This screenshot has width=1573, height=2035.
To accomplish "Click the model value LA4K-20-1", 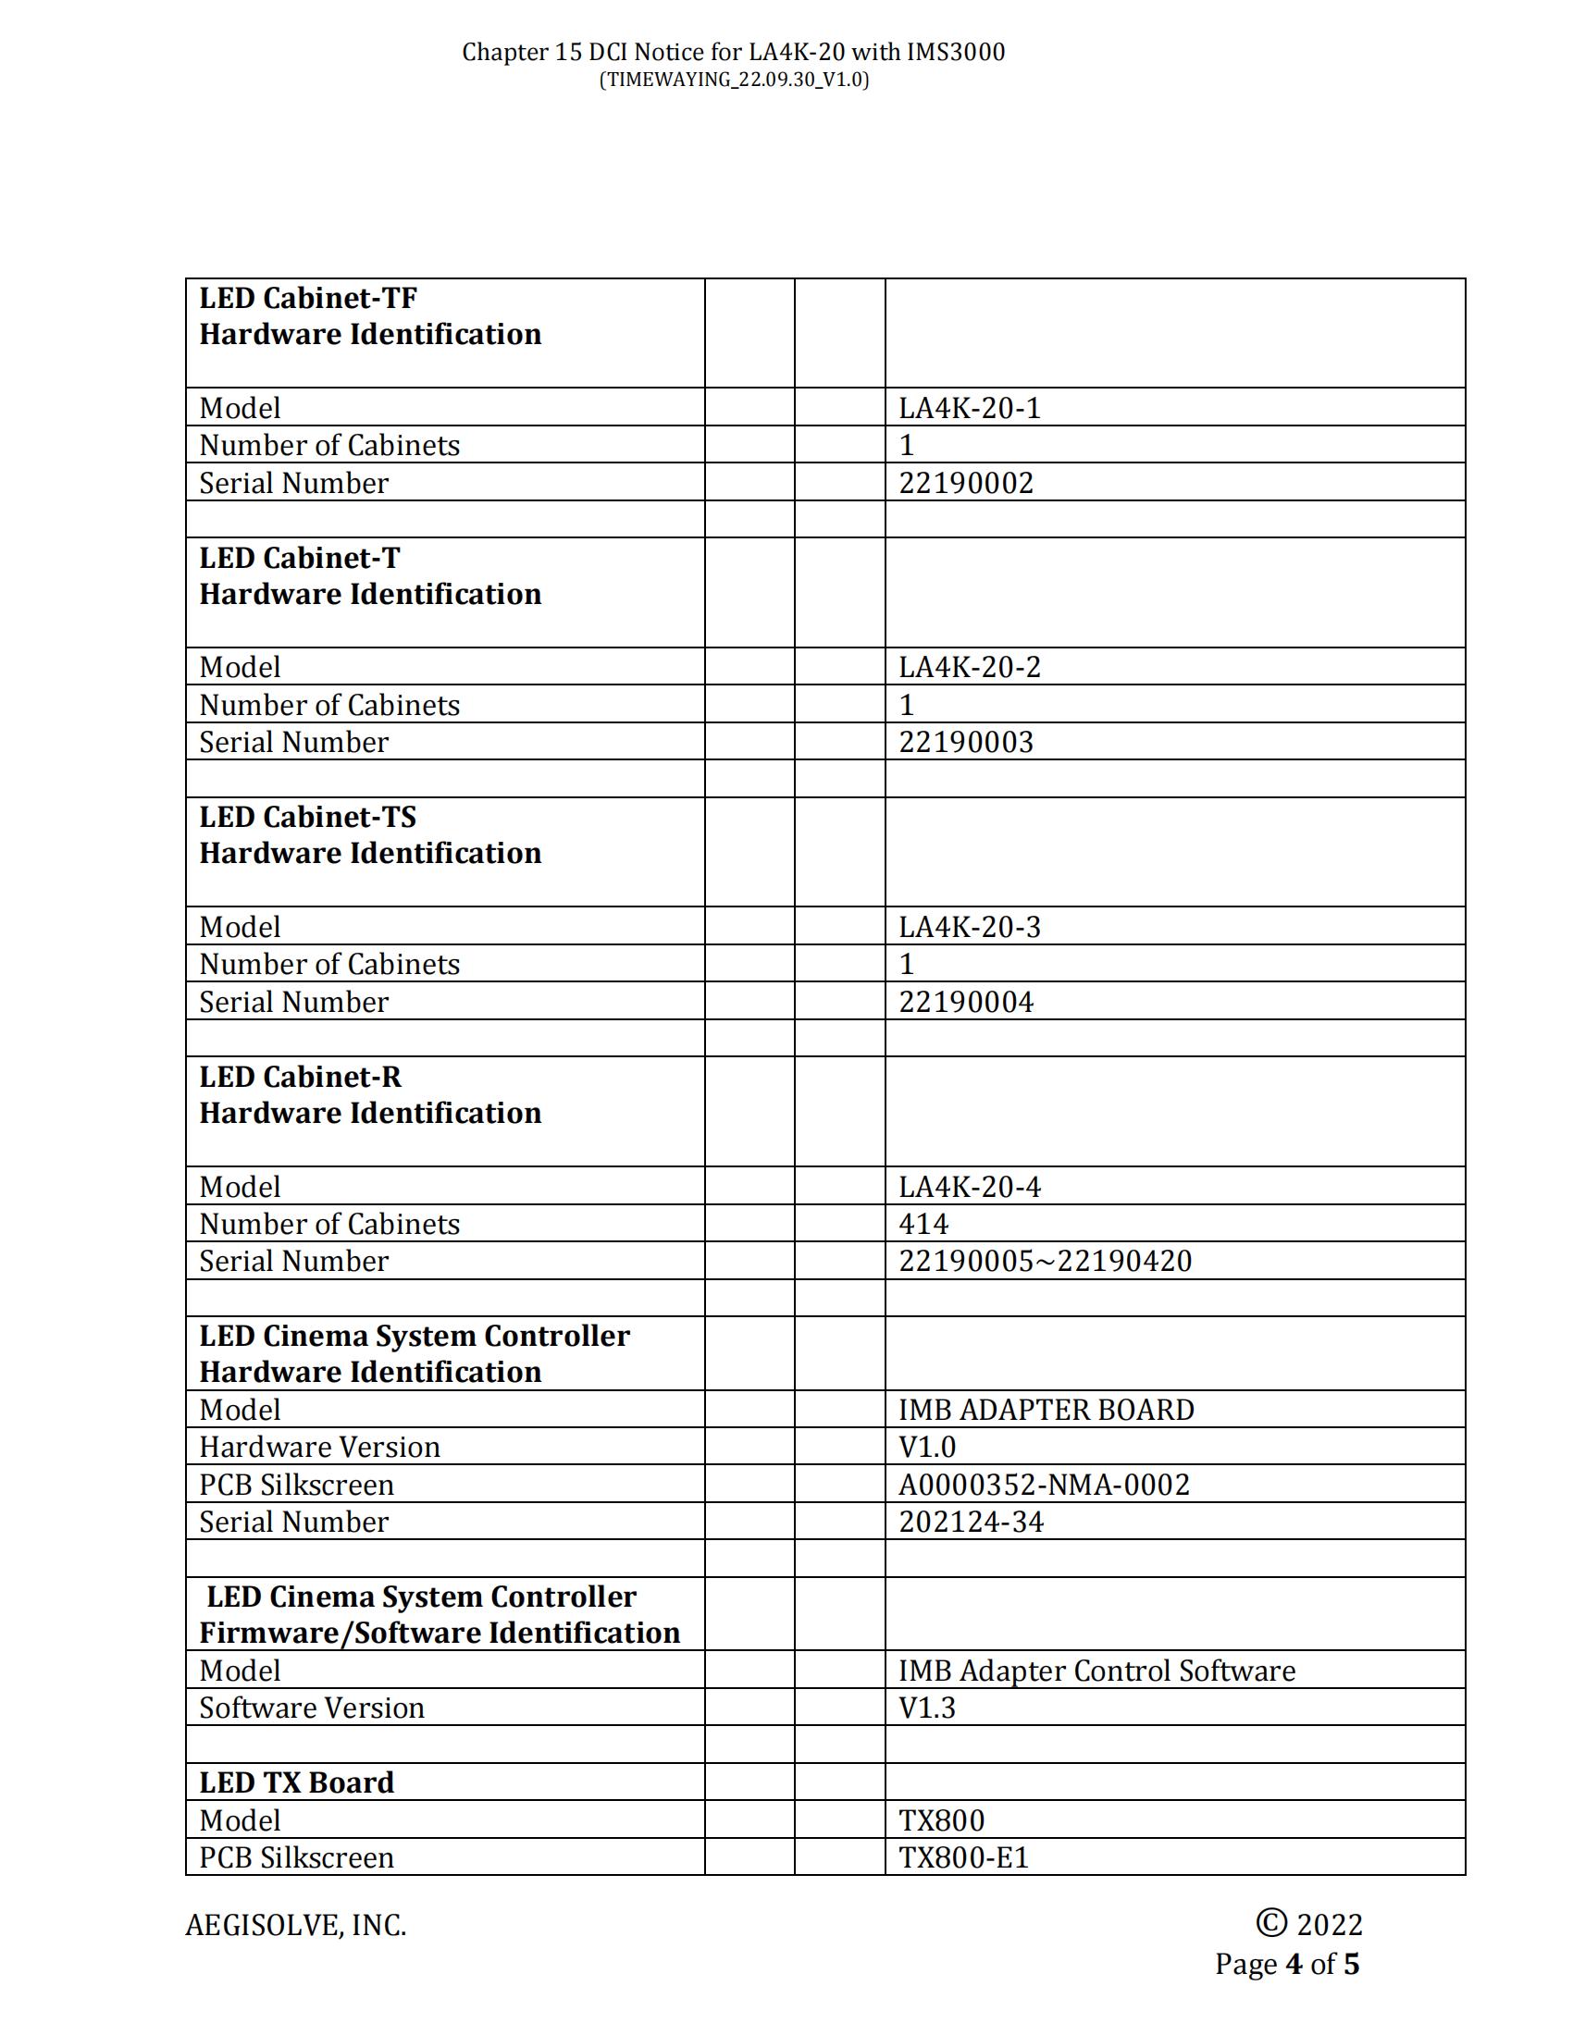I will click(x=968, y=408).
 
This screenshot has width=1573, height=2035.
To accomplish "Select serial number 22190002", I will click(x=965, y=483).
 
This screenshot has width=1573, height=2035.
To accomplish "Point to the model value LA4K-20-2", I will click(x=968, y=667).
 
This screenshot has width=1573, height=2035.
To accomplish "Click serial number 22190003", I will click(x=965, y=742).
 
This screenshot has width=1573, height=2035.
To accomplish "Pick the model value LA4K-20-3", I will click(x=968, y=927).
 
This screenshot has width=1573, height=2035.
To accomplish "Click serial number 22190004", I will click(x=965, y=1002).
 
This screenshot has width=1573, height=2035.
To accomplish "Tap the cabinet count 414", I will click(x=923, y=1224).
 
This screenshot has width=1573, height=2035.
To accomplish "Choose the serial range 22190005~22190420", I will click(x=1045, y=1261).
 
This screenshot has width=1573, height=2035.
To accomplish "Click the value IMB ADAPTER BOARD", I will click(x=1046, y=1410).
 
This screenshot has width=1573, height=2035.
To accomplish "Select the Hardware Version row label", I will click(x=319, y=1447).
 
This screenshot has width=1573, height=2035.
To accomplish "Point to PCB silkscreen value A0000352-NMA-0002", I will click(x=1044, y=1485).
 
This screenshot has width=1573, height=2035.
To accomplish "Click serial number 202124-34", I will click(x=971, y=1522).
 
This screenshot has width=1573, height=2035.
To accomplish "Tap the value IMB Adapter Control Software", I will click(x=1096, y=1671).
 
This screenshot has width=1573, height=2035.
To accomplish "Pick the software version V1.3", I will click(x=926, y=1708).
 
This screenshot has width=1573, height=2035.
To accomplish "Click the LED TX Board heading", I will click(x=296, y=1782).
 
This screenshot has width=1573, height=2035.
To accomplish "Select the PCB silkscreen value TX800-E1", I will click(x=963, y=1857).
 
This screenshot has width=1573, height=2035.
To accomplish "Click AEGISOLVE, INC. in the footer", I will click(x=295, y=1925).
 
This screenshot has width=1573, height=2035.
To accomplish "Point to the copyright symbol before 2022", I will click(x=1271, y=1922).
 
